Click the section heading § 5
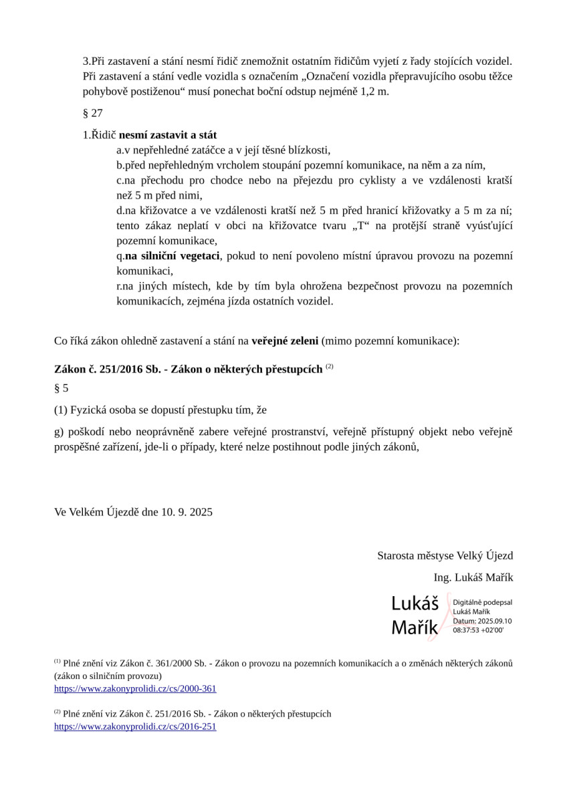[61, 388]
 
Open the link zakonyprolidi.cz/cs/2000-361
[135, 688]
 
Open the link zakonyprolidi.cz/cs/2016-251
[135, 726]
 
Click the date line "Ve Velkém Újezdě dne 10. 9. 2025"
[133, 513]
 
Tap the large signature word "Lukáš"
[415, 604]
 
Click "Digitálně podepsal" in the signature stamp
[482, 603]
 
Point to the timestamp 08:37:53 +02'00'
[478, 630]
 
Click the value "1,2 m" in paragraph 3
[373, 92]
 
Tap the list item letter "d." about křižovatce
[120, 211]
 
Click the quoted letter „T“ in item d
[364, 226]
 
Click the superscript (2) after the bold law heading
[329, 368]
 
